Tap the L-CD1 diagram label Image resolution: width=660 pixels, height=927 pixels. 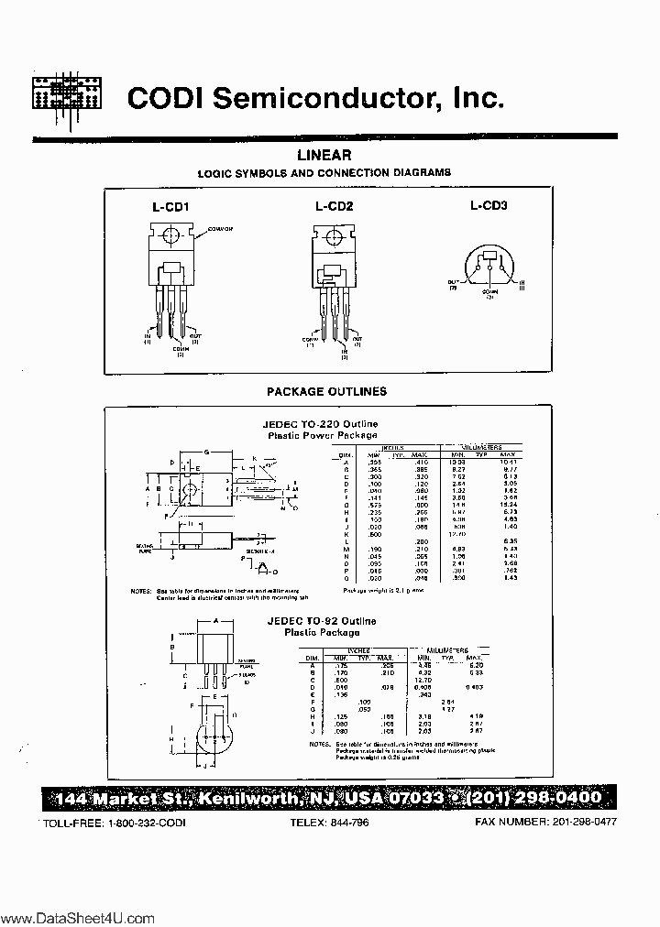170,207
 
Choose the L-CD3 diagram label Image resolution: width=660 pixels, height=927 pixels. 489,205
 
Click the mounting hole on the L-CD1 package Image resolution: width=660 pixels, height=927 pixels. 168,236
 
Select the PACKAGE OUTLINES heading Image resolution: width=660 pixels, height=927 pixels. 326,391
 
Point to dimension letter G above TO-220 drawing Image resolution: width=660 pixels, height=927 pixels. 206,452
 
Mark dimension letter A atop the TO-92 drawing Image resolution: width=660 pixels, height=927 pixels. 214,619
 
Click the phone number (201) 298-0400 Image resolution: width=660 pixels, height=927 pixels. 535,798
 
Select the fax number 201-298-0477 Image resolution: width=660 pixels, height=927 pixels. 585,822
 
